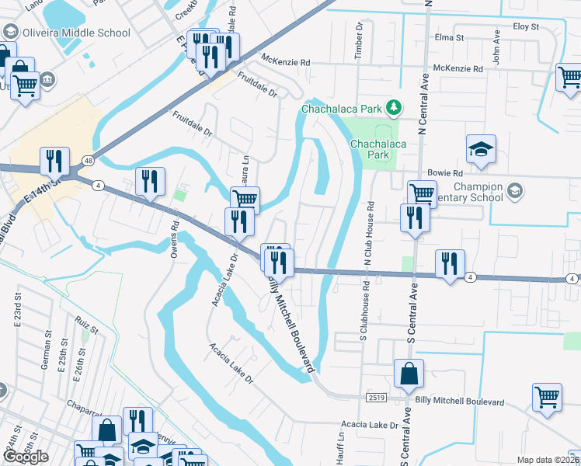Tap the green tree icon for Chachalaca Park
[x=395, y=106]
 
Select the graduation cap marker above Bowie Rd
[x=481, y=151]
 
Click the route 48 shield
[x=89, y=161]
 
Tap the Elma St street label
[x=449, y=37]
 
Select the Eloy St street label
[x=526, y=26]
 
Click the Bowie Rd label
[x=444, y=173]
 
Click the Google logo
[x=25, y=457]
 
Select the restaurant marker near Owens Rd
[x=150, y=182]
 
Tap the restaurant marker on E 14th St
[x=54, y=162]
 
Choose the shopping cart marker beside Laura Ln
[x=245, y=200]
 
